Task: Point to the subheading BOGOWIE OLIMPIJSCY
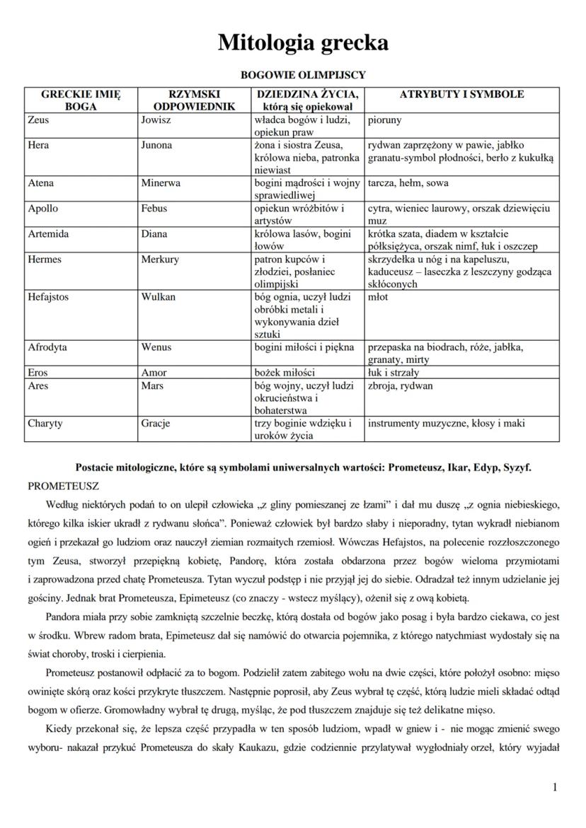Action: [x=303, y=74]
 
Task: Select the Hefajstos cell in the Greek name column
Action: [x=48, y=297]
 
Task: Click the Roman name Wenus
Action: [x=156, y=347]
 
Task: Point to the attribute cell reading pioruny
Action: [x=385, y=120]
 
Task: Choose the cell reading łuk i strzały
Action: [x=393, y=373]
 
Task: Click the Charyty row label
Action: [x=45, y=424]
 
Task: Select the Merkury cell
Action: [x=160, y=260]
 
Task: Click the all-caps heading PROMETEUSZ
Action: [x=63, y=486]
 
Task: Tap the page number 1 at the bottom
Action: [x=555, y=787]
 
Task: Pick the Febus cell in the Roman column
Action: [x=155, y=209]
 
